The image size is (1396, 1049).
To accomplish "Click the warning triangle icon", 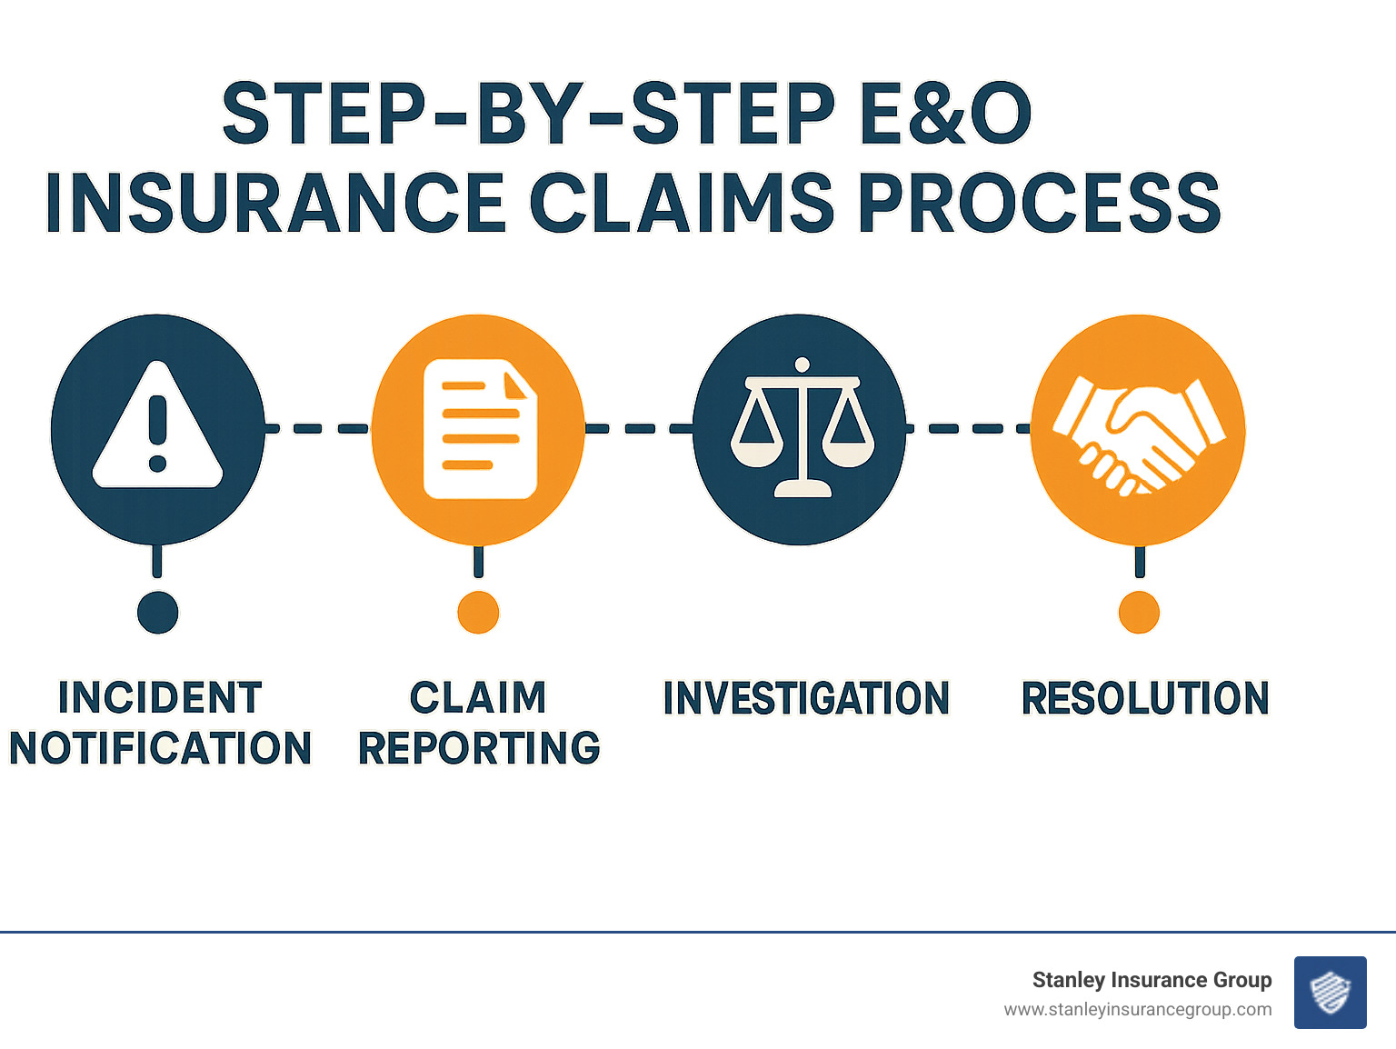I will click(x=157, y=427).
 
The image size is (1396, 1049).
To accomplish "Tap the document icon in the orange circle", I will click(x=479, y=429).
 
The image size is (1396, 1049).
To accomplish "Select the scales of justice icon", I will click(x=801, y=427).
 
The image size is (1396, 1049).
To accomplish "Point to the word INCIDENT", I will click(x=160, y=698).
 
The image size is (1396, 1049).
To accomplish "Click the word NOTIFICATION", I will click(x=160, y=748).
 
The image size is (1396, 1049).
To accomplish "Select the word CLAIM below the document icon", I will click(x=478, y=698).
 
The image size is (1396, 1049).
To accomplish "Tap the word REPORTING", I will click(x=479, y=748).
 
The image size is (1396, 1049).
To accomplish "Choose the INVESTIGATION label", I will click(x=806, y=698).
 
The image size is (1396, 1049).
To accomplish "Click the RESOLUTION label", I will click(x=1145, y=698).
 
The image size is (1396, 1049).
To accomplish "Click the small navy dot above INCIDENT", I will click(x=157, y=613).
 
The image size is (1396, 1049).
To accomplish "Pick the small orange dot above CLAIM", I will click(x=478, y=613).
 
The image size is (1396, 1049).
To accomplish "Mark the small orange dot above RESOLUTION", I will click(x=1139, y=613).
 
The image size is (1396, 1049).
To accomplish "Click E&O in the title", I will click(x=945, y=114).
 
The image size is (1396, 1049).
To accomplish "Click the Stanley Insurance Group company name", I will click(x=1152, y=980).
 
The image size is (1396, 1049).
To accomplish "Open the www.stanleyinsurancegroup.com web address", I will click(x=1137, y=1010).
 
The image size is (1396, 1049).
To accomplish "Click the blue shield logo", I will click(x=1330, y=993).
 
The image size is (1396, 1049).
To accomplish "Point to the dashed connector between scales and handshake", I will click(x=968, y=428).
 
